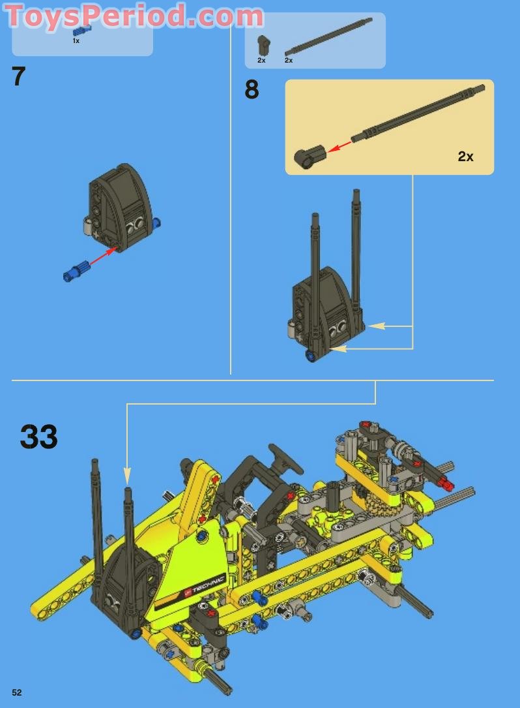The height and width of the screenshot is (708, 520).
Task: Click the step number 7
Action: (x=18, y=77)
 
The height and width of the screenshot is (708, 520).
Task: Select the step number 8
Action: (x=252, y=90)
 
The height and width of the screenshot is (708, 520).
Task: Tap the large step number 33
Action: (x=38, y=437)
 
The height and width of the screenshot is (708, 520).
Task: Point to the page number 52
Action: (x=16, y=692)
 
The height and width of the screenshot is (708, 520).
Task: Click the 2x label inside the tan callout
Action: (x=465, y=157)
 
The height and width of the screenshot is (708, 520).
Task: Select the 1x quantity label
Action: (x=76, y=40)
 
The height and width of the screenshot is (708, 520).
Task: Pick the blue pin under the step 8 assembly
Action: (x=310, y=356)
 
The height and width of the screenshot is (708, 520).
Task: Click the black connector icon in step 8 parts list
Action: (x=263, y=45)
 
